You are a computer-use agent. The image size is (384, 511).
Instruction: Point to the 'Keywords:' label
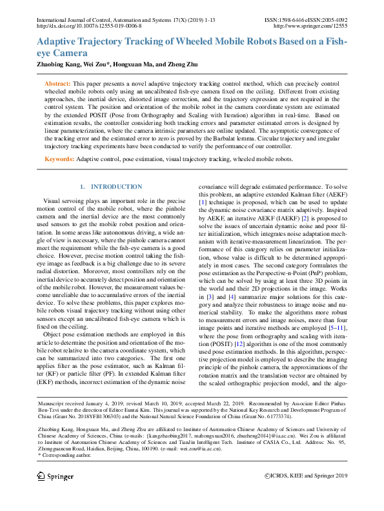coord(60,158)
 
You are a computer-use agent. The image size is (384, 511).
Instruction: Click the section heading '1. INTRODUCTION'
coord(110,187)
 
